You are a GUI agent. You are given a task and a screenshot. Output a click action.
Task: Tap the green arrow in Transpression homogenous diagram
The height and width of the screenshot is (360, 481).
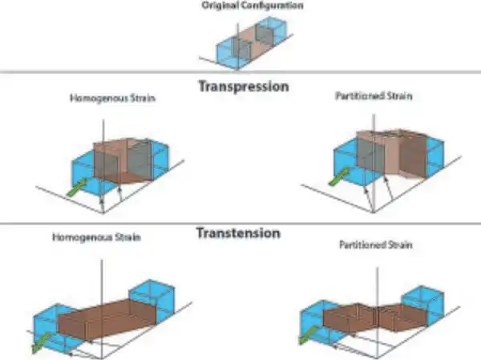[x=75, y=189]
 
